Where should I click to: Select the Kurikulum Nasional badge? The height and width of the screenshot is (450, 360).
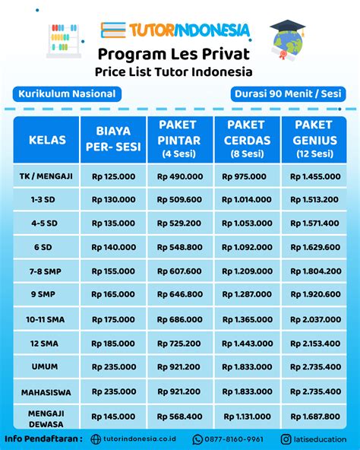click(x=64, y=93)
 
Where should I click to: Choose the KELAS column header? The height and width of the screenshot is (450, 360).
click(x=47, y=140)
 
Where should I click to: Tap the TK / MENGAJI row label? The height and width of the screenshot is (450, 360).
click(x=47, y=176)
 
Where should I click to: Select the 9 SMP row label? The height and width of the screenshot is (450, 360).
click(x=47, y=293)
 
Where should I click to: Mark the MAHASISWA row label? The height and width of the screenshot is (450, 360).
click(x=47, y=391)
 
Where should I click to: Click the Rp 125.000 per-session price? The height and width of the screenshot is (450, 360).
click(x=114, y=176)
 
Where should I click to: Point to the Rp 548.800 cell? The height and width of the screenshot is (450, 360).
click(x=180, y=247)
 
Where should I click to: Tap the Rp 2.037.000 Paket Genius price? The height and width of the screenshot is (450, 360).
click(x=314, y=319)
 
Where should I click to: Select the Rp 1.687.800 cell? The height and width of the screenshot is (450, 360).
click(x=314, y=416)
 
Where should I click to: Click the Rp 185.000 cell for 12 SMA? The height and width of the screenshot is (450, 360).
click(x=114, y=344)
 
